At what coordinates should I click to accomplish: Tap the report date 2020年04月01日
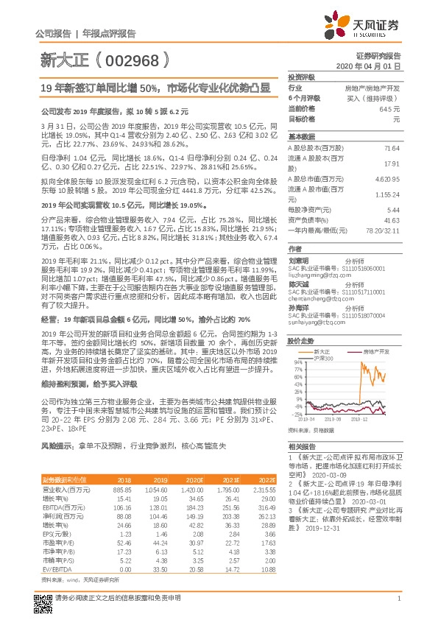[376, 66]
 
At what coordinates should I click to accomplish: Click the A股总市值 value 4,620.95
[387, 178]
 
